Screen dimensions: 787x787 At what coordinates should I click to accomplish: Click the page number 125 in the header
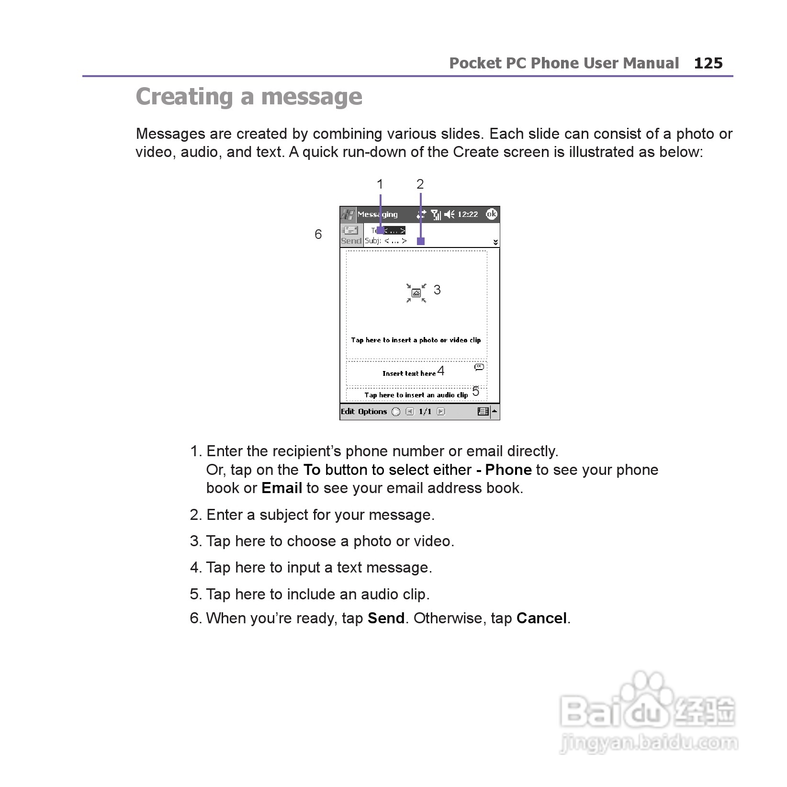pos(708,63)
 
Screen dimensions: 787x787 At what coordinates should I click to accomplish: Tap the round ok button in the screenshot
pos(491,214)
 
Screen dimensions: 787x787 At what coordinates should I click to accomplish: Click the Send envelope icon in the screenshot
pos(350,230)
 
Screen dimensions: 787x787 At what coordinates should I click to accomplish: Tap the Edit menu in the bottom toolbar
pos(348,412)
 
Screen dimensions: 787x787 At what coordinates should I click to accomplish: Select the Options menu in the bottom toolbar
pos(372,412)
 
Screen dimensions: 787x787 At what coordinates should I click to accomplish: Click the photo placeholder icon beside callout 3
pos(416,293)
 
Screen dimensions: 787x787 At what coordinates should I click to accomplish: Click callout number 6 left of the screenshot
pos(318,234)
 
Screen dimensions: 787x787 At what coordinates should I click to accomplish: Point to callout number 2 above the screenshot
pos(420,184)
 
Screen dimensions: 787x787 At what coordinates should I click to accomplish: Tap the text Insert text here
pos(409,373)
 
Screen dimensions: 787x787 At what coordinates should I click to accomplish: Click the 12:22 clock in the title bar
pos(467,214)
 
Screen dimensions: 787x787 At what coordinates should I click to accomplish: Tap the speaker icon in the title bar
pos(449,214)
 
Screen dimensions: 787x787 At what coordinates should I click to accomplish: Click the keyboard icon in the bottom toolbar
pos(483,412)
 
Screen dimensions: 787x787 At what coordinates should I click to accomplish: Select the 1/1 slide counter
pos(425,412)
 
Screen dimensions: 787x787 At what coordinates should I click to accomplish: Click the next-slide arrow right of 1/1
pos(441,412)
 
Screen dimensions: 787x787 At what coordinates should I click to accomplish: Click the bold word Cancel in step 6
pos(541,618)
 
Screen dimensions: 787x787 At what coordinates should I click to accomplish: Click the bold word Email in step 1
pos(281,488)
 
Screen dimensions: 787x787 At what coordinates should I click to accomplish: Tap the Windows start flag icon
pos(348,214)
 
